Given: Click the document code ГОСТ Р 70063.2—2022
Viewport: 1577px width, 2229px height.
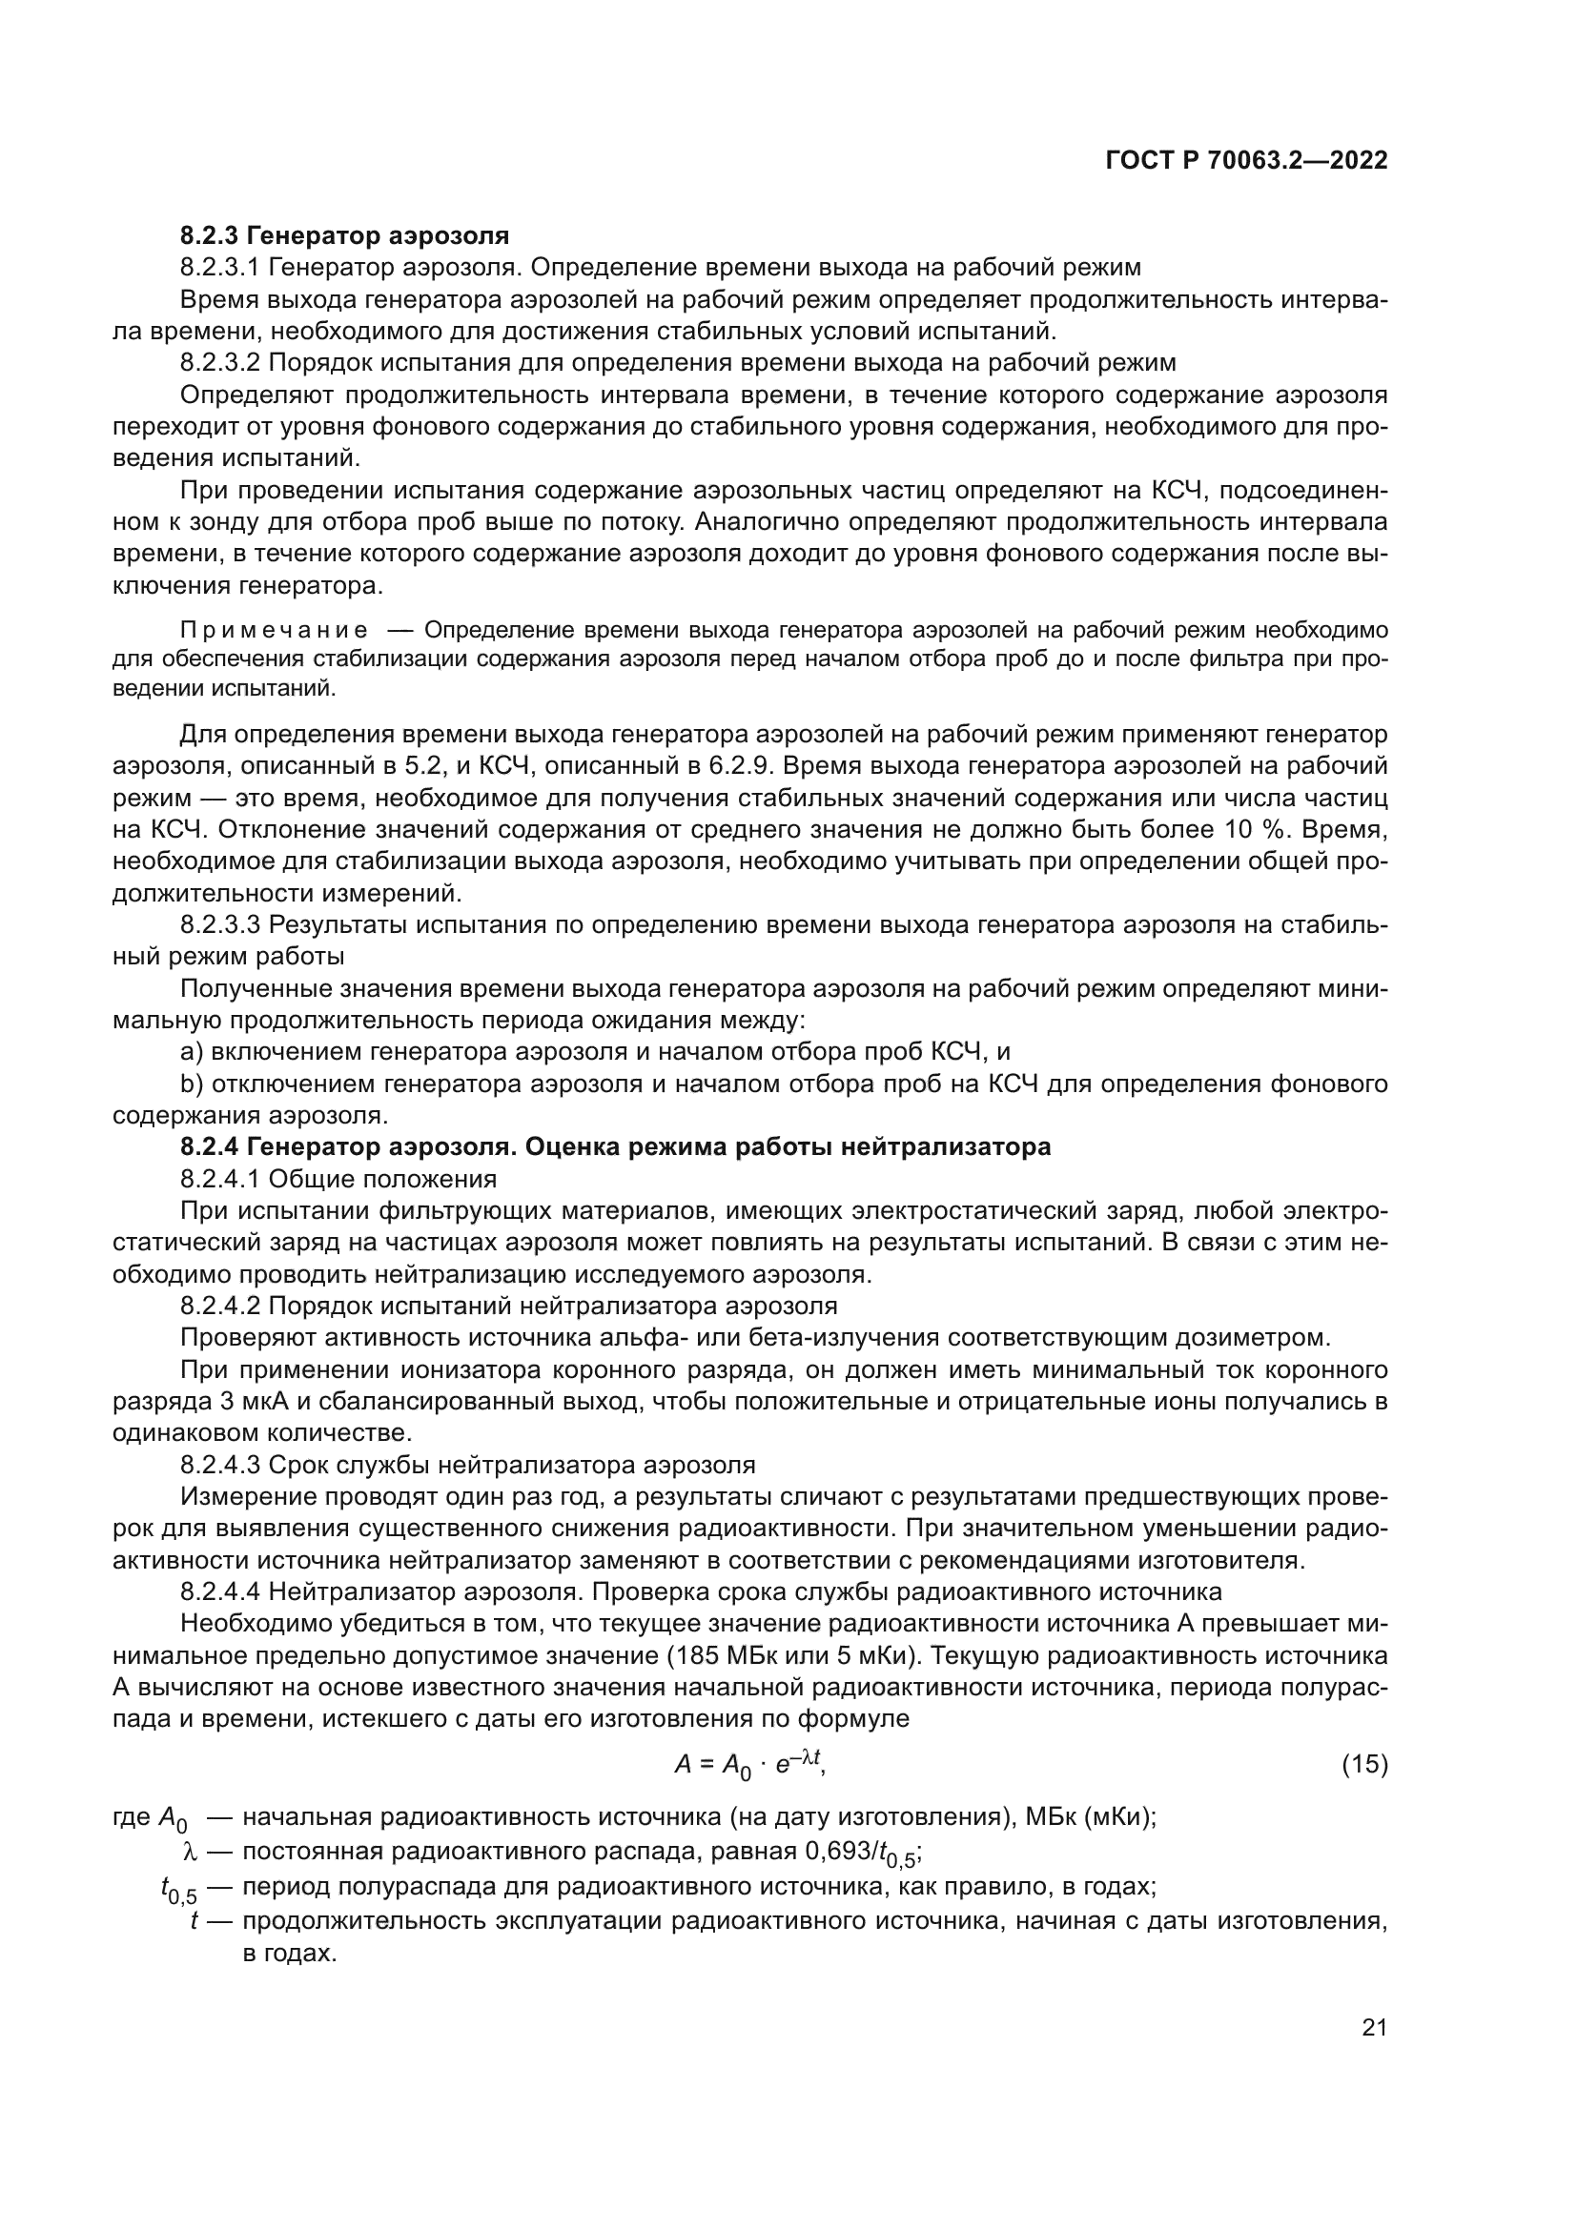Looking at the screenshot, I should [1246, 161].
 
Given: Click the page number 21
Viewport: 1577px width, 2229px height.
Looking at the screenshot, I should [1374, 2028].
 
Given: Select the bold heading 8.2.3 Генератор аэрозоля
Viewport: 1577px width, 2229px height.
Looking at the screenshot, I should [345, 236].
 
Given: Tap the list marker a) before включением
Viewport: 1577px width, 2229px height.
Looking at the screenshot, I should [192, 1052].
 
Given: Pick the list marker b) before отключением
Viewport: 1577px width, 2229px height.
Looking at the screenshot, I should [192, 1084].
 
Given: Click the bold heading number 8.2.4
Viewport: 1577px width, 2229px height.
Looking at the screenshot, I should [210, 1147].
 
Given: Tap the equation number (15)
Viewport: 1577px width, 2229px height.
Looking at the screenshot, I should [1364, 1764].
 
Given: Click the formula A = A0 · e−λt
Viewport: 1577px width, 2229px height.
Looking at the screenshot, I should [748, 1764].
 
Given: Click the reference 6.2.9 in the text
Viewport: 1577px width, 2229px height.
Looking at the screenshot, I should [740, 766].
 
